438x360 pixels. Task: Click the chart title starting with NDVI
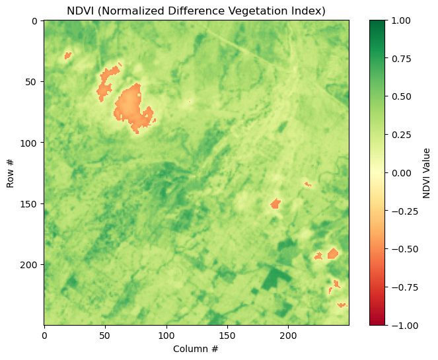(x=196, y=11)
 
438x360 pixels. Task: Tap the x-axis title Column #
(x=196, y=349)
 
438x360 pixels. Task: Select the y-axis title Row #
(x=10, y=174)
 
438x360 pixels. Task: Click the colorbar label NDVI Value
(x=426, y=173)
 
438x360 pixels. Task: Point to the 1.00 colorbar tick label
(x=401, y=20)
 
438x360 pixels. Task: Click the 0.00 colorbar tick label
(x=401, y=173)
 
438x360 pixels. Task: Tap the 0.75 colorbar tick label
(x=401, y=59)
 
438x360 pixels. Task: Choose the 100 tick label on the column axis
(x=166, y=336)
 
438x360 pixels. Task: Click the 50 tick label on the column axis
(x=105, y=336)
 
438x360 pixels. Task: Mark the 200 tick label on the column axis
(x=288, y=336)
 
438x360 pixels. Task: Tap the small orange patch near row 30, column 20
(x=67, y=55)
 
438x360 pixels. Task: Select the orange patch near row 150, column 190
(x=275, y=203)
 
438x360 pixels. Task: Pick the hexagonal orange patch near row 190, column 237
(x=333, y=254)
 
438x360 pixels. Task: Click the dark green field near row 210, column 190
(x=276, y=278)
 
